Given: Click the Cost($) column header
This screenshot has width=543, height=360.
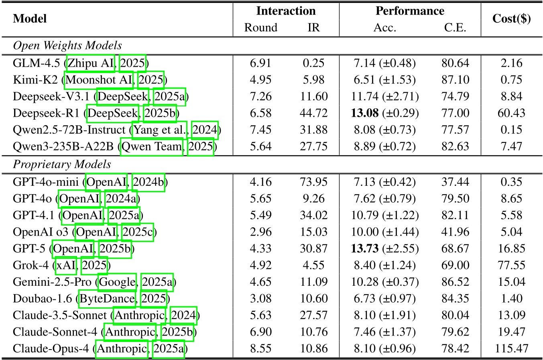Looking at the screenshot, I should click(511, 19).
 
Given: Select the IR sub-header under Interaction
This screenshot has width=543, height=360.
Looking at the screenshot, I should click(313, 27).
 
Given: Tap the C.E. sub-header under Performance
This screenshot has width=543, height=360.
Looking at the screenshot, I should click(455, 27).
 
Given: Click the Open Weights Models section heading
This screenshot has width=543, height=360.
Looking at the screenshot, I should click(67, 46).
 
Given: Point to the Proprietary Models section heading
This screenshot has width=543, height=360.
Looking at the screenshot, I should click(62, 165).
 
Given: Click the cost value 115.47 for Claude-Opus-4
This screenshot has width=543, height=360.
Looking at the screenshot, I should click(511, 349).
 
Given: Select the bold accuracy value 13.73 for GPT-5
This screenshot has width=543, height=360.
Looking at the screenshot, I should click(365, 248).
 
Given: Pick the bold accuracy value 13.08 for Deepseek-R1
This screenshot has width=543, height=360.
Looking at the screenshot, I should click(365, 113).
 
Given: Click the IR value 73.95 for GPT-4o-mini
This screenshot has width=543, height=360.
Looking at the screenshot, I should click(313, 182).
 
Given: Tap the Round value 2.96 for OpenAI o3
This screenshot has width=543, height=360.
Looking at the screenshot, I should click(261, 232).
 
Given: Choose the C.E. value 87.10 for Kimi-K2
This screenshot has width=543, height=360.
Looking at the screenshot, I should click(455, 80).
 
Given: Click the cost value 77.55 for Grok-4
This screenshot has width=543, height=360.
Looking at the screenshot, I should click(511, 265).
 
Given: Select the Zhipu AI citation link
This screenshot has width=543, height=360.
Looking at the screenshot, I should click(91, 63).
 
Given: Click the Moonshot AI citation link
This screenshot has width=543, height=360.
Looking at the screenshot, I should click(99, 80).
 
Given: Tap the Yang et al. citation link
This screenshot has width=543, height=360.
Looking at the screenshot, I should click(159, 130).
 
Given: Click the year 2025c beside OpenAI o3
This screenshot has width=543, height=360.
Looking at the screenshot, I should click(137, 232).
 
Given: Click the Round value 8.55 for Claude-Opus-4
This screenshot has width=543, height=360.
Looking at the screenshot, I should click(261, 349).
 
